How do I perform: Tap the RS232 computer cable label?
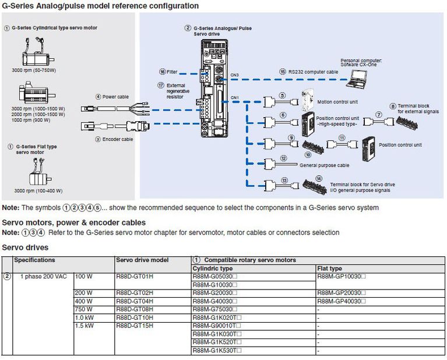point(312,72)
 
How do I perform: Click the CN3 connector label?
point(235,75)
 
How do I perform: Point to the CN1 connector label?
point(235,97)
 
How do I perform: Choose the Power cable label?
point(115,97)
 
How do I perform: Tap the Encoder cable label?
point(117,139)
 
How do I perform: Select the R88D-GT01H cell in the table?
point(135,276)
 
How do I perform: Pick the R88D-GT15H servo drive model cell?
point(135,326)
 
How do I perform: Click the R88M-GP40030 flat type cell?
point(342,301)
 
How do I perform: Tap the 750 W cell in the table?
point(84,309)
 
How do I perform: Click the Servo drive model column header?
point(142,260)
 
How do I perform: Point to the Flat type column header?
point(330,268)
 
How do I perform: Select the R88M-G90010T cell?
point(216,326)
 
